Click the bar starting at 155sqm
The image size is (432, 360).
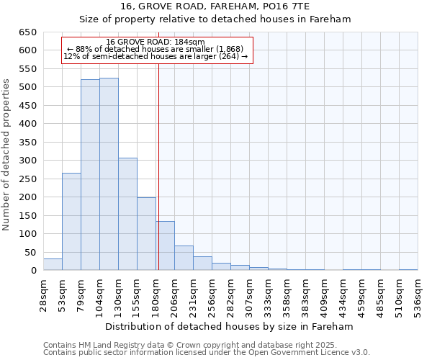point(146,234)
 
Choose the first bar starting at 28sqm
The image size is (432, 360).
point(53,264)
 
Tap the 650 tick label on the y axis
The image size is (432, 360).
point(28,32)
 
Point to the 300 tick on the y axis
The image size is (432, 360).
point(28,161)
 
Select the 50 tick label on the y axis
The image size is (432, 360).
point(31,253)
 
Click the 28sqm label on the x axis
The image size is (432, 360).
point(44,296)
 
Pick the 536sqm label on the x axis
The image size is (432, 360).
point(418,296)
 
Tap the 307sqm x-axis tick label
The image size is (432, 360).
point(249,296)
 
